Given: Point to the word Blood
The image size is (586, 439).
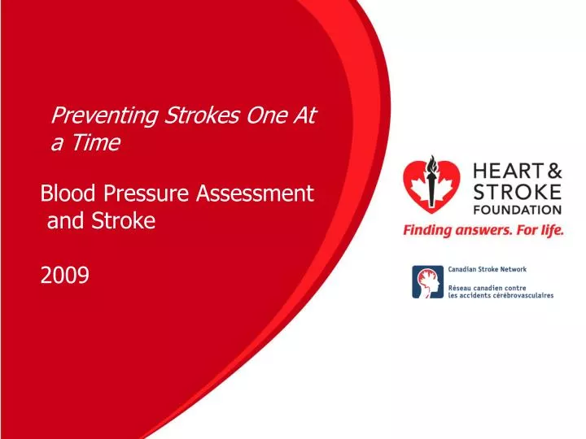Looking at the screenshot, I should point(68,193).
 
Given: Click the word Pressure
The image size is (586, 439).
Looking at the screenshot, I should point(143,193).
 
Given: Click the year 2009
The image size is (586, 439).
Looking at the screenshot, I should point(64,276).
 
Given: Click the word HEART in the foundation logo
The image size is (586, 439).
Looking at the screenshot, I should point(501,172).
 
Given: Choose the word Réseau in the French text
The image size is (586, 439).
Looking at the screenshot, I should point(461,287).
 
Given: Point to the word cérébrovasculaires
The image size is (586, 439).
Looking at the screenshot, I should point(523,295).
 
